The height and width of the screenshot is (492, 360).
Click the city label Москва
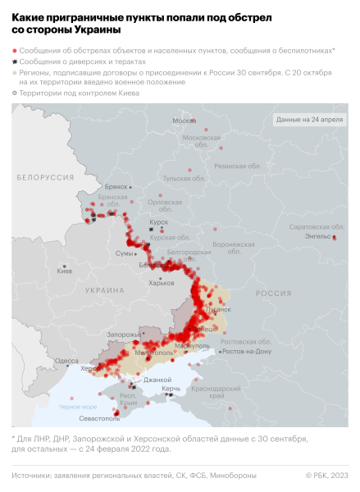tap(184, 121)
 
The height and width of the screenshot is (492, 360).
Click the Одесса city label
tap(67, 361)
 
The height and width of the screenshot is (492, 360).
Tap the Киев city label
tap(64, 270)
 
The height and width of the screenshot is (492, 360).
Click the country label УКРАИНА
tap(104, 290)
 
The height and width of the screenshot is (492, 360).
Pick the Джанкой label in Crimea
tap(156, 380)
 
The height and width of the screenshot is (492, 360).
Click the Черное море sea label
tap(77, 406)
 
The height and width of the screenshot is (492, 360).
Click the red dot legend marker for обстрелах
tap(15, 51)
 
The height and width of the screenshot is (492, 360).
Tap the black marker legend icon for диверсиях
tap(15, 61)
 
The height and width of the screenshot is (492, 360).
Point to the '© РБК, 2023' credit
tap(326, 475)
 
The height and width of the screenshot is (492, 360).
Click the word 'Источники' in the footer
tap(33, 475)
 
